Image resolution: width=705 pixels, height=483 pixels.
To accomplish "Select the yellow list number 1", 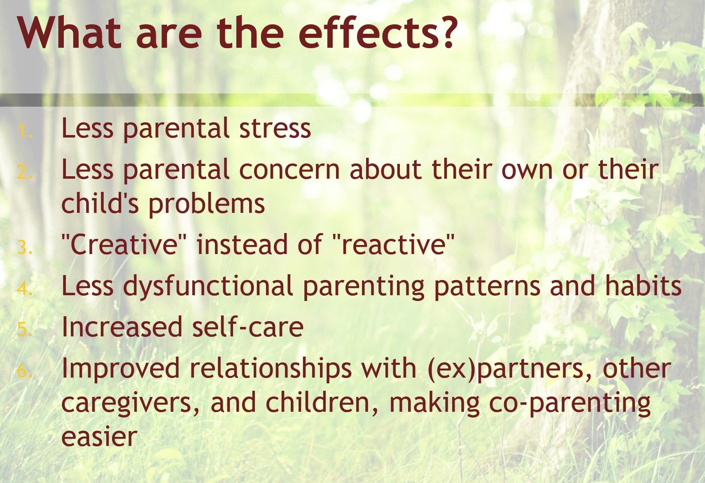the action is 25,131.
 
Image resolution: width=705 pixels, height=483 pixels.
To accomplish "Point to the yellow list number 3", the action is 25,247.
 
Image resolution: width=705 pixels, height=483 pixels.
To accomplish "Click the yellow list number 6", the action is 25,371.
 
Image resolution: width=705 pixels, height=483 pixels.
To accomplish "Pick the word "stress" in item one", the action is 275,129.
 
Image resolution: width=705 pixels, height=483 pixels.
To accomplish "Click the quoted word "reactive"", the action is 394,244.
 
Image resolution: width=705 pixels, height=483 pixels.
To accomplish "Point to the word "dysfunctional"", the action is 208,286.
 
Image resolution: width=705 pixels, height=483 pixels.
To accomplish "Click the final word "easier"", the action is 100,437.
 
